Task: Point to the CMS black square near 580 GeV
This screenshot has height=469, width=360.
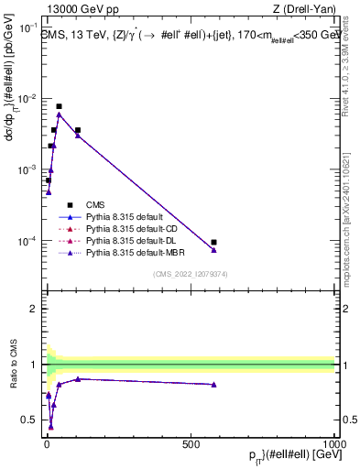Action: tap(213, 243)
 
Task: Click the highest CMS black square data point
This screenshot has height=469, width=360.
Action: tap(60, 106)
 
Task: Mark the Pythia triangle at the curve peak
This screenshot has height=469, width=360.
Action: tap(60, 115)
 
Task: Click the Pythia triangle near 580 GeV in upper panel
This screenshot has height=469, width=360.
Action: tap(213, 250)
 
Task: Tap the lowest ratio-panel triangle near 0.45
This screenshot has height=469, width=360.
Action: tap(51, 426)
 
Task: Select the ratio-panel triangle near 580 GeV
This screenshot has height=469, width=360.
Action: tap(213, 385)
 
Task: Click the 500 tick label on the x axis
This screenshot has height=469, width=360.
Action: tap(190, 443)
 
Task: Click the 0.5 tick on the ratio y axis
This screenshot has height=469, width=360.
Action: tap(32, 420)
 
